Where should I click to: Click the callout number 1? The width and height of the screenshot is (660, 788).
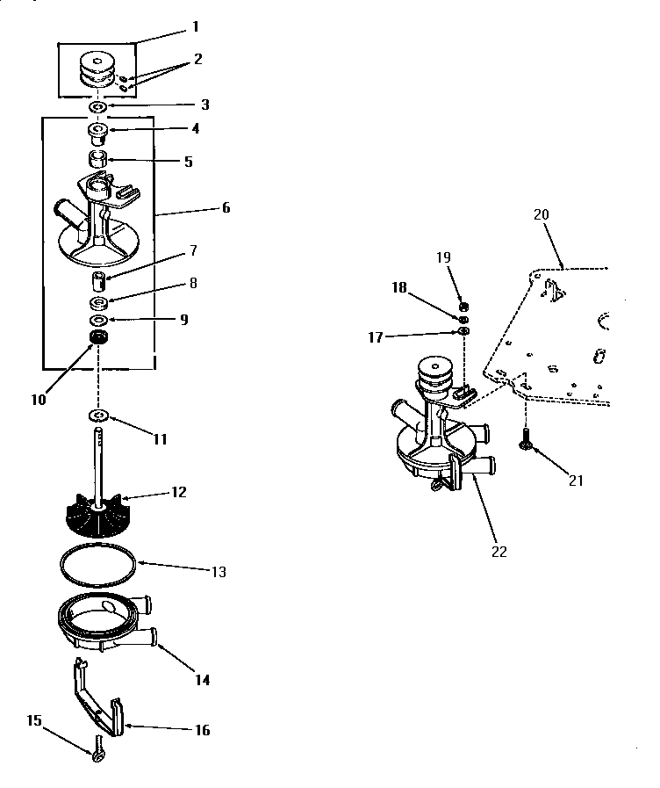point(195,27)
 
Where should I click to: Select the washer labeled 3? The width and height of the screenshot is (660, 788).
point(98,107)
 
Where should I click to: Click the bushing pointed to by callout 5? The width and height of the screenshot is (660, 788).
point(97,161)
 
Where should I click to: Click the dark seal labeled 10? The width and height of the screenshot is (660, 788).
point(98,337)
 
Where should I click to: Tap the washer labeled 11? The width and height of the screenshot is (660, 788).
point(98,415)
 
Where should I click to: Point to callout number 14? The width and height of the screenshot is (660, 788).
point(201,679)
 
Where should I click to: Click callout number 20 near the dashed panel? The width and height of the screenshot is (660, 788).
point(540,213)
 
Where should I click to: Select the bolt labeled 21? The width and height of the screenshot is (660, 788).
point(525,439)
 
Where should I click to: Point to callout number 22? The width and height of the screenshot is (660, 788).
point(499,552)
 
